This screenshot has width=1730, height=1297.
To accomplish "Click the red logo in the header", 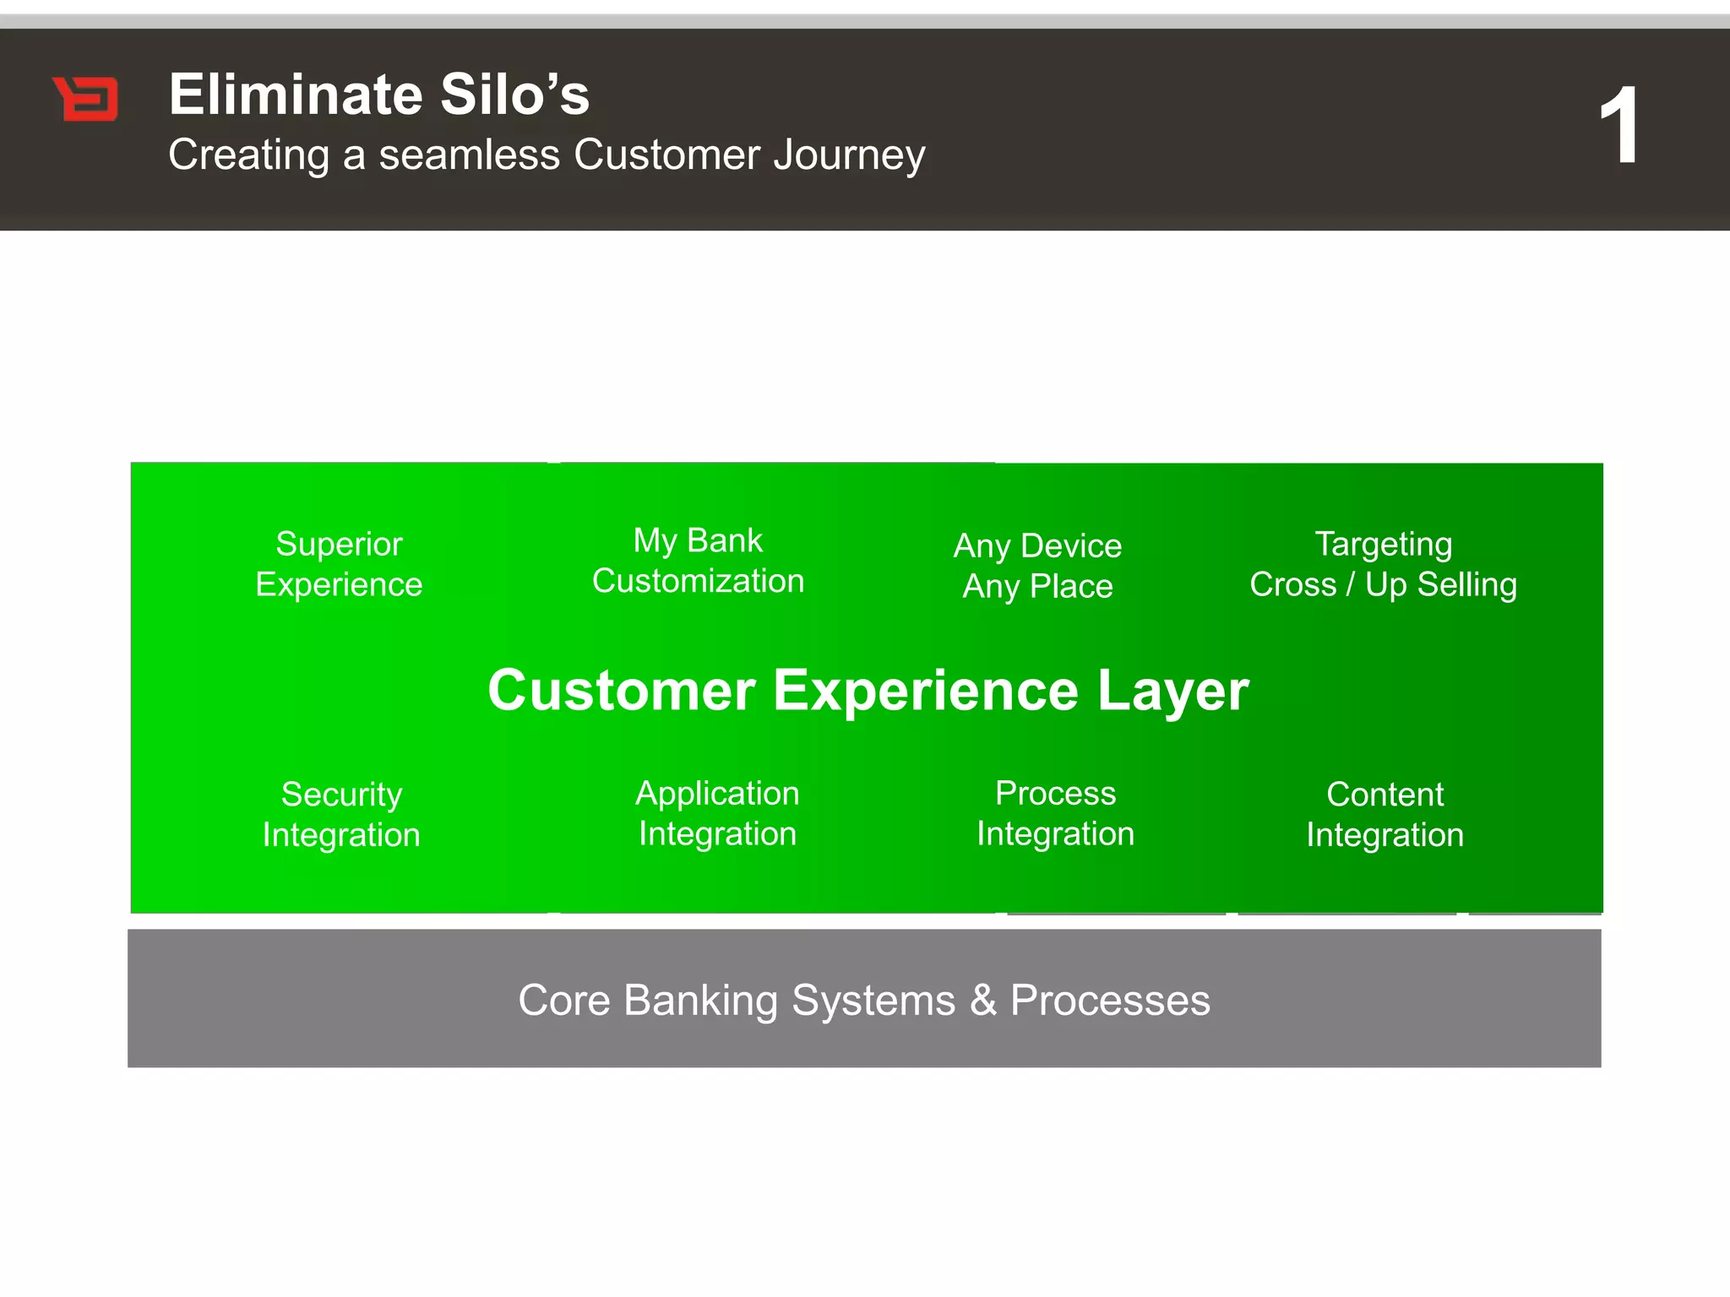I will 86,99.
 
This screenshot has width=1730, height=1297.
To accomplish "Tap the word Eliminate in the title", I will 295,94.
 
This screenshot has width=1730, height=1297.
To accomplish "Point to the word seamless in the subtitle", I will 469,155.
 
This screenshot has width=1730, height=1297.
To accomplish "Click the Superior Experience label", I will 339,564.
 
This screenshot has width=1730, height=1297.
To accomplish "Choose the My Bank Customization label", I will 698,561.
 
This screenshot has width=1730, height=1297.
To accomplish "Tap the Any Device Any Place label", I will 1037,566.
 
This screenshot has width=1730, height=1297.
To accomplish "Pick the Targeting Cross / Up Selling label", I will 1383,564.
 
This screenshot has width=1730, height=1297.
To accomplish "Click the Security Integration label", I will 341,814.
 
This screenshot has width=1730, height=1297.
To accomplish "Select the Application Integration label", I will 717,813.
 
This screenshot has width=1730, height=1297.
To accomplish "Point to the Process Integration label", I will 1055,813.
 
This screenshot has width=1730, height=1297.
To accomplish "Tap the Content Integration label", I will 1385,814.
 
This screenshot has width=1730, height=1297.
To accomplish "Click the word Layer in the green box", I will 1172,692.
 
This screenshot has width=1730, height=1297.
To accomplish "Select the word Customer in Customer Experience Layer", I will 622,690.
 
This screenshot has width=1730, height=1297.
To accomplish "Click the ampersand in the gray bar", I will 983,1001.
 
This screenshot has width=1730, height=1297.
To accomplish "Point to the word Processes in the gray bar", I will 1110,1001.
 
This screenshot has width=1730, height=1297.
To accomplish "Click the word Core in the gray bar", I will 563,1001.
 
